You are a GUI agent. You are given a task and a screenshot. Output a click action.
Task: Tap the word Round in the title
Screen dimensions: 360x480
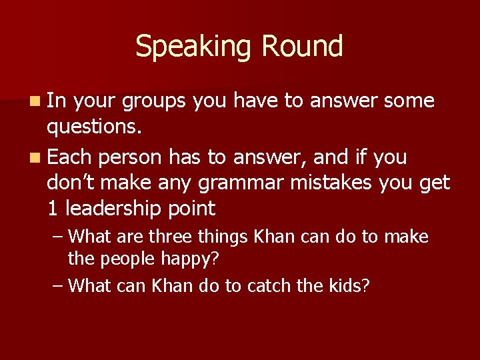tap(303, 47)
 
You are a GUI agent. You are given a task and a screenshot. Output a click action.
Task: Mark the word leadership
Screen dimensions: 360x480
tap(113, 209)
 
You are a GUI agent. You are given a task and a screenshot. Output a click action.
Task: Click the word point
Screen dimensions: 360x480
tap(192, 209)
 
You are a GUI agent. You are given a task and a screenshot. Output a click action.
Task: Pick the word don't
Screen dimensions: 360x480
tap(70, 183)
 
